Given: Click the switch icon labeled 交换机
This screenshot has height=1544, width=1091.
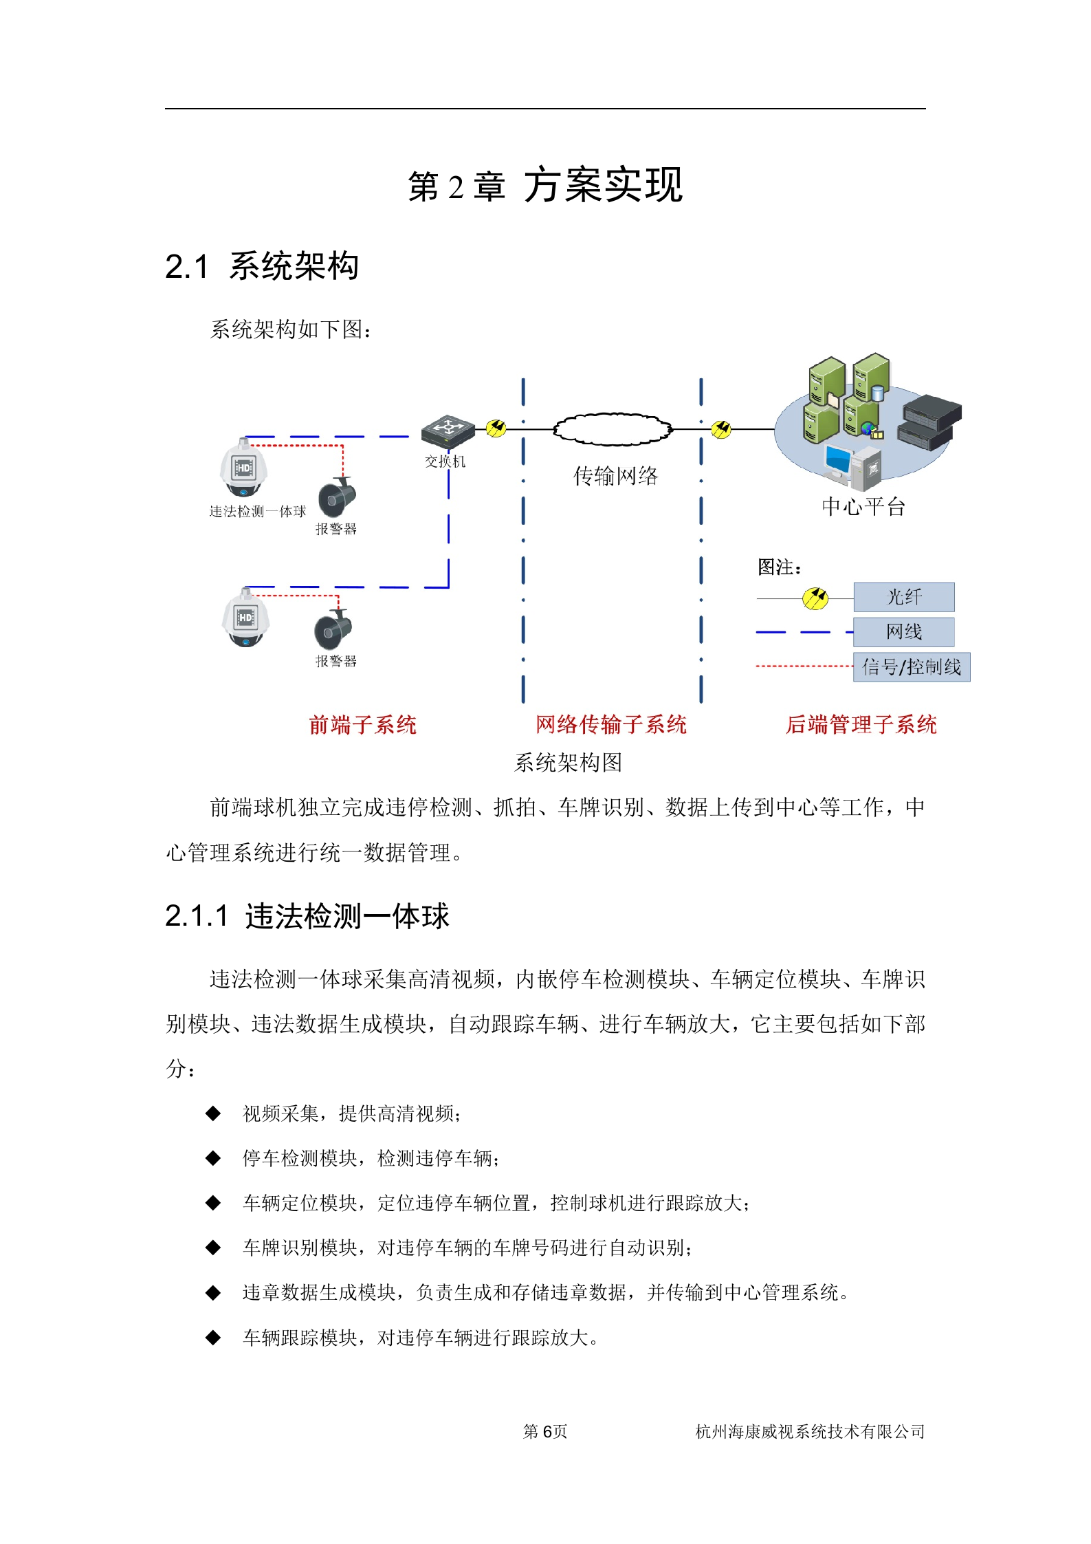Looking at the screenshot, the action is (x=448, y=431).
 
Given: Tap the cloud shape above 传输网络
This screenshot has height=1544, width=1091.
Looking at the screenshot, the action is (x=612, y=429).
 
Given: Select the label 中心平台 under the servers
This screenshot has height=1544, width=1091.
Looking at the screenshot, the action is (x=863, y=507).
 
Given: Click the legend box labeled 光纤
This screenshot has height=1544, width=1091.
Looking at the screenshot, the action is (x=903, y=597).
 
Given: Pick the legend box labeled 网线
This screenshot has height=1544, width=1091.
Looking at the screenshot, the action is (x=903, y=632).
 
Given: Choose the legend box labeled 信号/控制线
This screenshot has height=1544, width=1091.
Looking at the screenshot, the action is (x=911, y=667).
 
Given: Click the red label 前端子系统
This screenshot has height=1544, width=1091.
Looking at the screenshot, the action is (x=362, y=725).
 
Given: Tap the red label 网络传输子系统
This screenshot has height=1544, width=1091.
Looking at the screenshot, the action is (x=610, y=724).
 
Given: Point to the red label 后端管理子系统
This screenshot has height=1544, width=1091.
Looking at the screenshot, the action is (x=861, y=724).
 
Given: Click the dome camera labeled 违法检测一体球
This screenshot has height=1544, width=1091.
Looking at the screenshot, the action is (x=243, y=468).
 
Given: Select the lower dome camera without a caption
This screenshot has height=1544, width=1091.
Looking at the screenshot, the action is (x=245, y=618).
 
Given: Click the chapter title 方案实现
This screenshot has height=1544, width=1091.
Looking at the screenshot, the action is (x=603, y=186).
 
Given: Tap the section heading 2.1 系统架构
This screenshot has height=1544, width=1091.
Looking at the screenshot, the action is (x=262, y=267).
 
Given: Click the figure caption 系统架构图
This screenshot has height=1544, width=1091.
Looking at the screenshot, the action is (x=568, y=762).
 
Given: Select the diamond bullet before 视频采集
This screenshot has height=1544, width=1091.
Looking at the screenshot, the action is (x=213, y=1113).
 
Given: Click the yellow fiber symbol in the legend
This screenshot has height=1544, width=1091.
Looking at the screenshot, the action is (x=815, y=598).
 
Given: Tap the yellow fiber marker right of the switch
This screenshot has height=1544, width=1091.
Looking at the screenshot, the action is (x=496, y=428).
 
